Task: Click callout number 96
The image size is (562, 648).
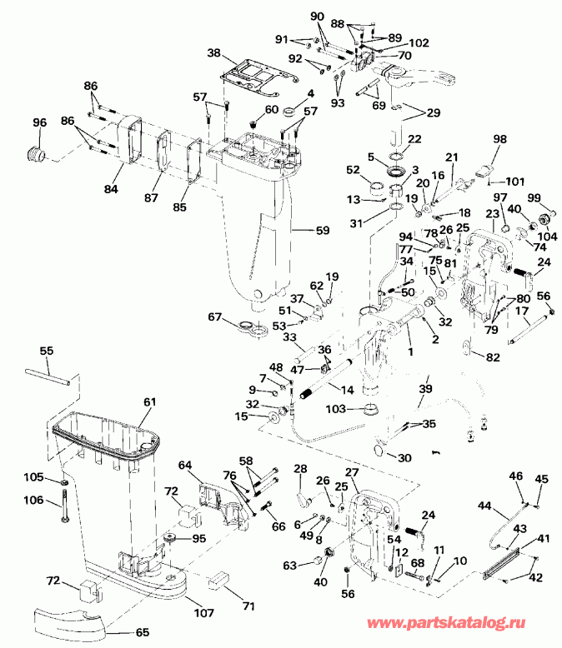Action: tap(39, 123)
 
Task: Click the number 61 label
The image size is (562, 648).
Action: tap(148, 402)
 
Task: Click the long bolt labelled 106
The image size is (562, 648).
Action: tap(64, 513)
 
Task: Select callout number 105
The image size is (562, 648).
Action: tap(32, 477)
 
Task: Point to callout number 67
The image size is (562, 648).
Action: tap(215, 317)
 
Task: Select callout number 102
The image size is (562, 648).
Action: tap(419, 42)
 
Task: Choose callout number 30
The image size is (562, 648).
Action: tap(405, 458)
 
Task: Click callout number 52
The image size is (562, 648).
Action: tap(353, 170)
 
